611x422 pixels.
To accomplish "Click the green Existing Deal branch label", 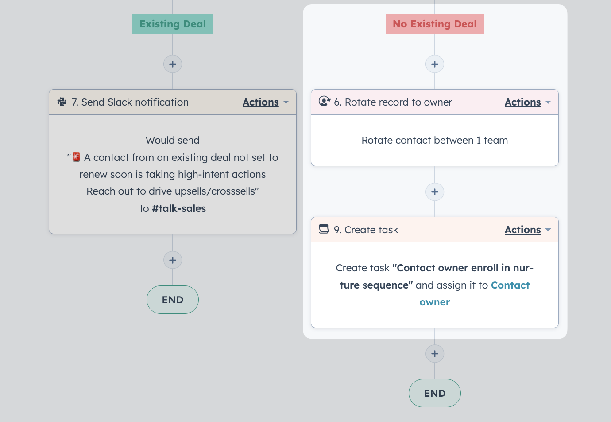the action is click(x=172, y=24).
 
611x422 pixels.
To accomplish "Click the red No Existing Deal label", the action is click(x=434, y=24).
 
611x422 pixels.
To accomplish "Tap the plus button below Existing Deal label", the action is click(x=172, y=64).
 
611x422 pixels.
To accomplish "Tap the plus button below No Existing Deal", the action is click(x=434, y=64).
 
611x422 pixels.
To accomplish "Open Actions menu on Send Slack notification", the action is click(x=265, y=102).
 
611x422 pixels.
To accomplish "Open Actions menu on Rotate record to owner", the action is click(x=527, y=102).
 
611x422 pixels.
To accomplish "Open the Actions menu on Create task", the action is click(x=527, y=230).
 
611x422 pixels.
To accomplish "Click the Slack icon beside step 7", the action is click(x=62, y=102).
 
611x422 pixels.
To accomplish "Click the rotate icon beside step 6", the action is click(x=325, y=101).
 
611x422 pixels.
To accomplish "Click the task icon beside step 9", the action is click(x=324, y=229).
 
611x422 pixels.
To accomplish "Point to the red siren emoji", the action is click(x=76, y=157).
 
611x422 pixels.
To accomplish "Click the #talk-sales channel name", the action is click(x=179, y=208).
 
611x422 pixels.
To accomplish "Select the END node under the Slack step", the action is click(x=172, y=300).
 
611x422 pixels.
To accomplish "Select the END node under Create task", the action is click(x=434, y=393).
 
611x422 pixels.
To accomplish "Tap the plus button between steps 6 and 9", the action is click(x=434, y=192).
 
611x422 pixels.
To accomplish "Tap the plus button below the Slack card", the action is click(x=172, y=260).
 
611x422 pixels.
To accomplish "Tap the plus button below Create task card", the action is click(x=434, y=354).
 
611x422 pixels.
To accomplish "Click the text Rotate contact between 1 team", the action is click(x=434, y=140).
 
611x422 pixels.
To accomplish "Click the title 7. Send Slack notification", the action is click(x=130, y=102).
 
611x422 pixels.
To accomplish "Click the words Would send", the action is click(x=172, y=140).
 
